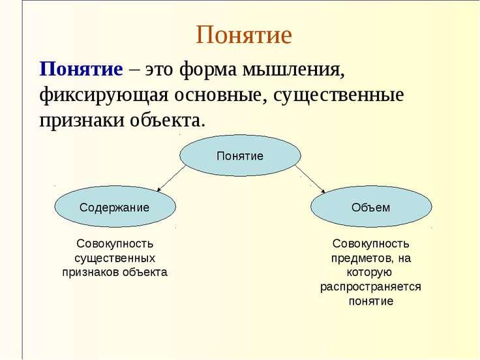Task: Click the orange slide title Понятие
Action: click(x=243, y=35)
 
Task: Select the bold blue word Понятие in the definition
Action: click(x=82, y=68)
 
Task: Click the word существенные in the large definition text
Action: click(x=338, y=95)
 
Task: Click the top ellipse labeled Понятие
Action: click(x=240, y=156)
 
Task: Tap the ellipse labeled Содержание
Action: click(x=114, y=207)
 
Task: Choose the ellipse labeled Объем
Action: click(x=370, y=207)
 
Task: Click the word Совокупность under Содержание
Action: click(x=115, y=243)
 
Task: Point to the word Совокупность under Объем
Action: click(x=370, y=243)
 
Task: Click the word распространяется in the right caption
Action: click(x=370, y=287)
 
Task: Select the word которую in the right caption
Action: click(x=370, y=273)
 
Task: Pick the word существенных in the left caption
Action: click(x=115, y=258)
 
